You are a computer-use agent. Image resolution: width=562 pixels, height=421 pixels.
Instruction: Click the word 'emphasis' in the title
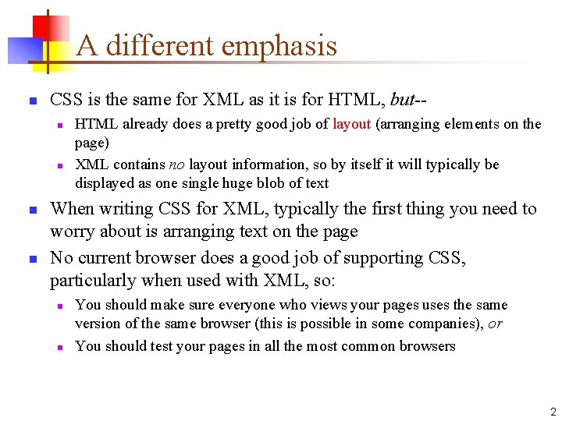[279, 46]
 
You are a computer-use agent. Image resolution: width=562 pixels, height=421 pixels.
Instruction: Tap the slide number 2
[553, 412]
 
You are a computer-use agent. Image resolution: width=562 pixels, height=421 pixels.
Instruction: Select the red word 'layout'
[351, 124]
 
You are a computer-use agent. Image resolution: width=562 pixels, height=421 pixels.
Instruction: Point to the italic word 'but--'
[408, 100]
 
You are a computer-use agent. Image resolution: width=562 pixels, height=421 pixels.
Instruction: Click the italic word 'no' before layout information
[176, 165]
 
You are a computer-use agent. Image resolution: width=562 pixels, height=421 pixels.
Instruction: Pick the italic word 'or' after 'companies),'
[496, 324]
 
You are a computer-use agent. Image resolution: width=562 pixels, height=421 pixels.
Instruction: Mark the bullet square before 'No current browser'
[32, 259]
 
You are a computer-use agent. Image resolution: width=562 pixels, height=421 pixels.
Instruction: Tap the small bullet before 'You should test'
[59, 347]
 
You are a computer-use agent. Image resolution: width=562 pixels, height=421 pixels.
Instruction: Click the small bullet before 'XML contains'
[59, 165]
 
